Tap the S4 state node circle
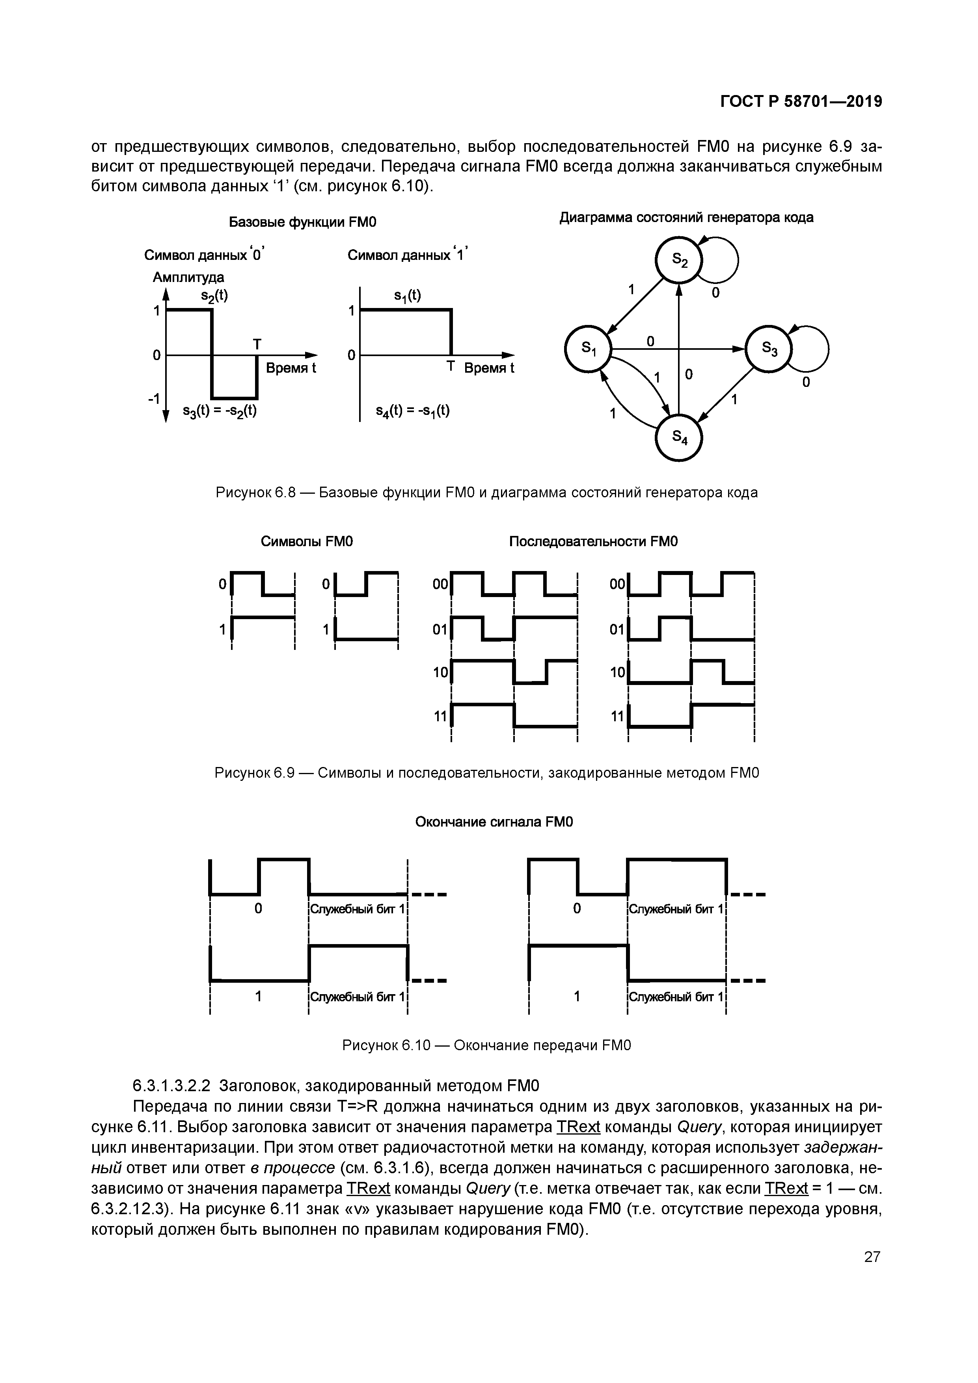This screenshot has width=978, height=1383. tap(679, 438)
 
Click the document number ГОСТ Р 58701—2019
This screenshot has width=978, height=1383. tap(801, 102)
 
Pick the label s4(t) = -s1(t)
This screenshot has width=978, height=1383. tap(412, 411)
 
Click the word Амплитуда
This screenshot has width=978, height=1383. tap(188, 277)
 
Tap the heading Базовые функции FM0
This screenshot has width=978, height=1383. tap(302, 222)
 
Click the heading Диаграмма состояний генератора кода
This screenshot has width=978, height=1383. tap(687, 217)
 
